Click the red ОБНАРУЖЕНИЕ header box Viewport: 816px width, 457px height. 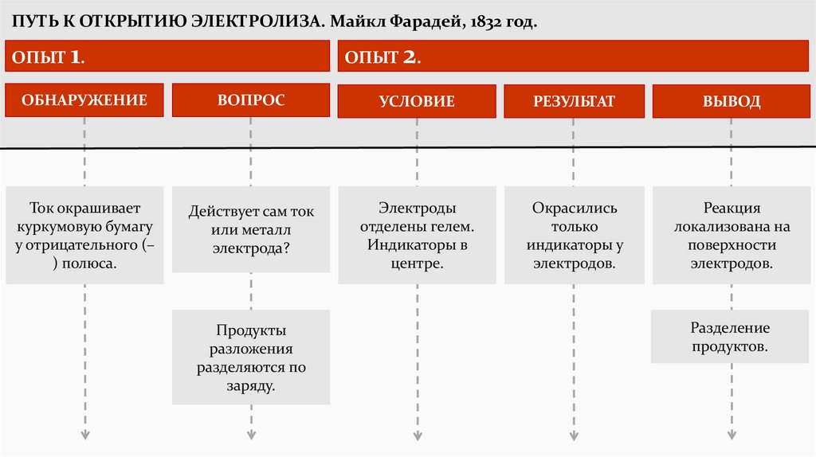point(84,100)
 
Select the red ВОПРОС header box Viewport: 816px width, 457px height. point(251,100)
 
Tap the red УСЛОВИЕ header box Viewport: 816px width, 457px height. point(417,101)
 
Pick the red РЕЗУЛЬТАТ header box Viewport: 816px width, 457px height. point(575,101)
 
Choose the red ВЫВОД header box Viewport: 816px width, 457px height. point(732,101)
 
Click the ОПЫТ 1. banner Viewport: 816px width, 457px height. point(167,57)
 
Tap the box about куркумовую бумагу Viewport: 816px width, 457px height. point(84,235)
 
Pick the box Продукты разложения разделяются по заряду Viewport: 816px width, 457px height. point(251,357)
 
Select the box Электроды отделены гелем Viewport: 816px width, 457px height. point(417,235)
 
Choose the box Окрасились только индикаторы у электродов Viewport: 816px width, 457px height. point(575,235)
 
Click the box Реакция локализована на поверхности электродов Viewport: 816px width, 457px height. point(732,235)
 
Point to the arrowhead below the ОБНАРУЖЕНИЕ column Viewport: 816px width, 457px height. point(84,435)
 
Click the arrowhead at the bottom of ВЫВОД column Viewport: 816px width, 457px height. point(732,435)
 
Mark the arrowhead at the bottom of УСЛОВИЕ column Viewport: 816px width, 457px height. point(417,435)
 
